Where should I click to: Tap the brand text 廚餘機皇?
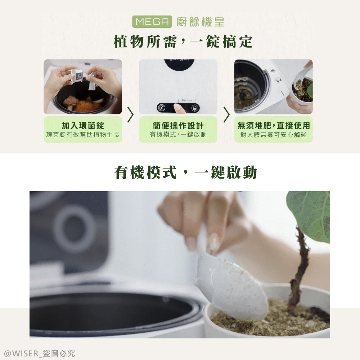[x=201, y=22]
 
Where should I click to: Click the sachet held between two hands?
[x=78, y=76]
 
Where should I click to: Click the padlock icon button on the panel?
[x=194, y=108]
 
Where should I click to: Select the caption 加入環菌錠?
[x=83, y=125]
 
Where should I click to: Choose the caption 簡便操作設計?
[x=178, y=125]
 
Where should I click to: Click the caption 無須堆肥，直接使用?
[x=274, y=125]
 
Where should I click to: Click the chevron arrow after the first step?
[x=131, y=114]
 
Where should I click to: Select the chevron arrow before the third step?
[x=226, y=114]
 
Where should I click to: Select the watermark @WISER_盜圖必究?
[x=39, y=353]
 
